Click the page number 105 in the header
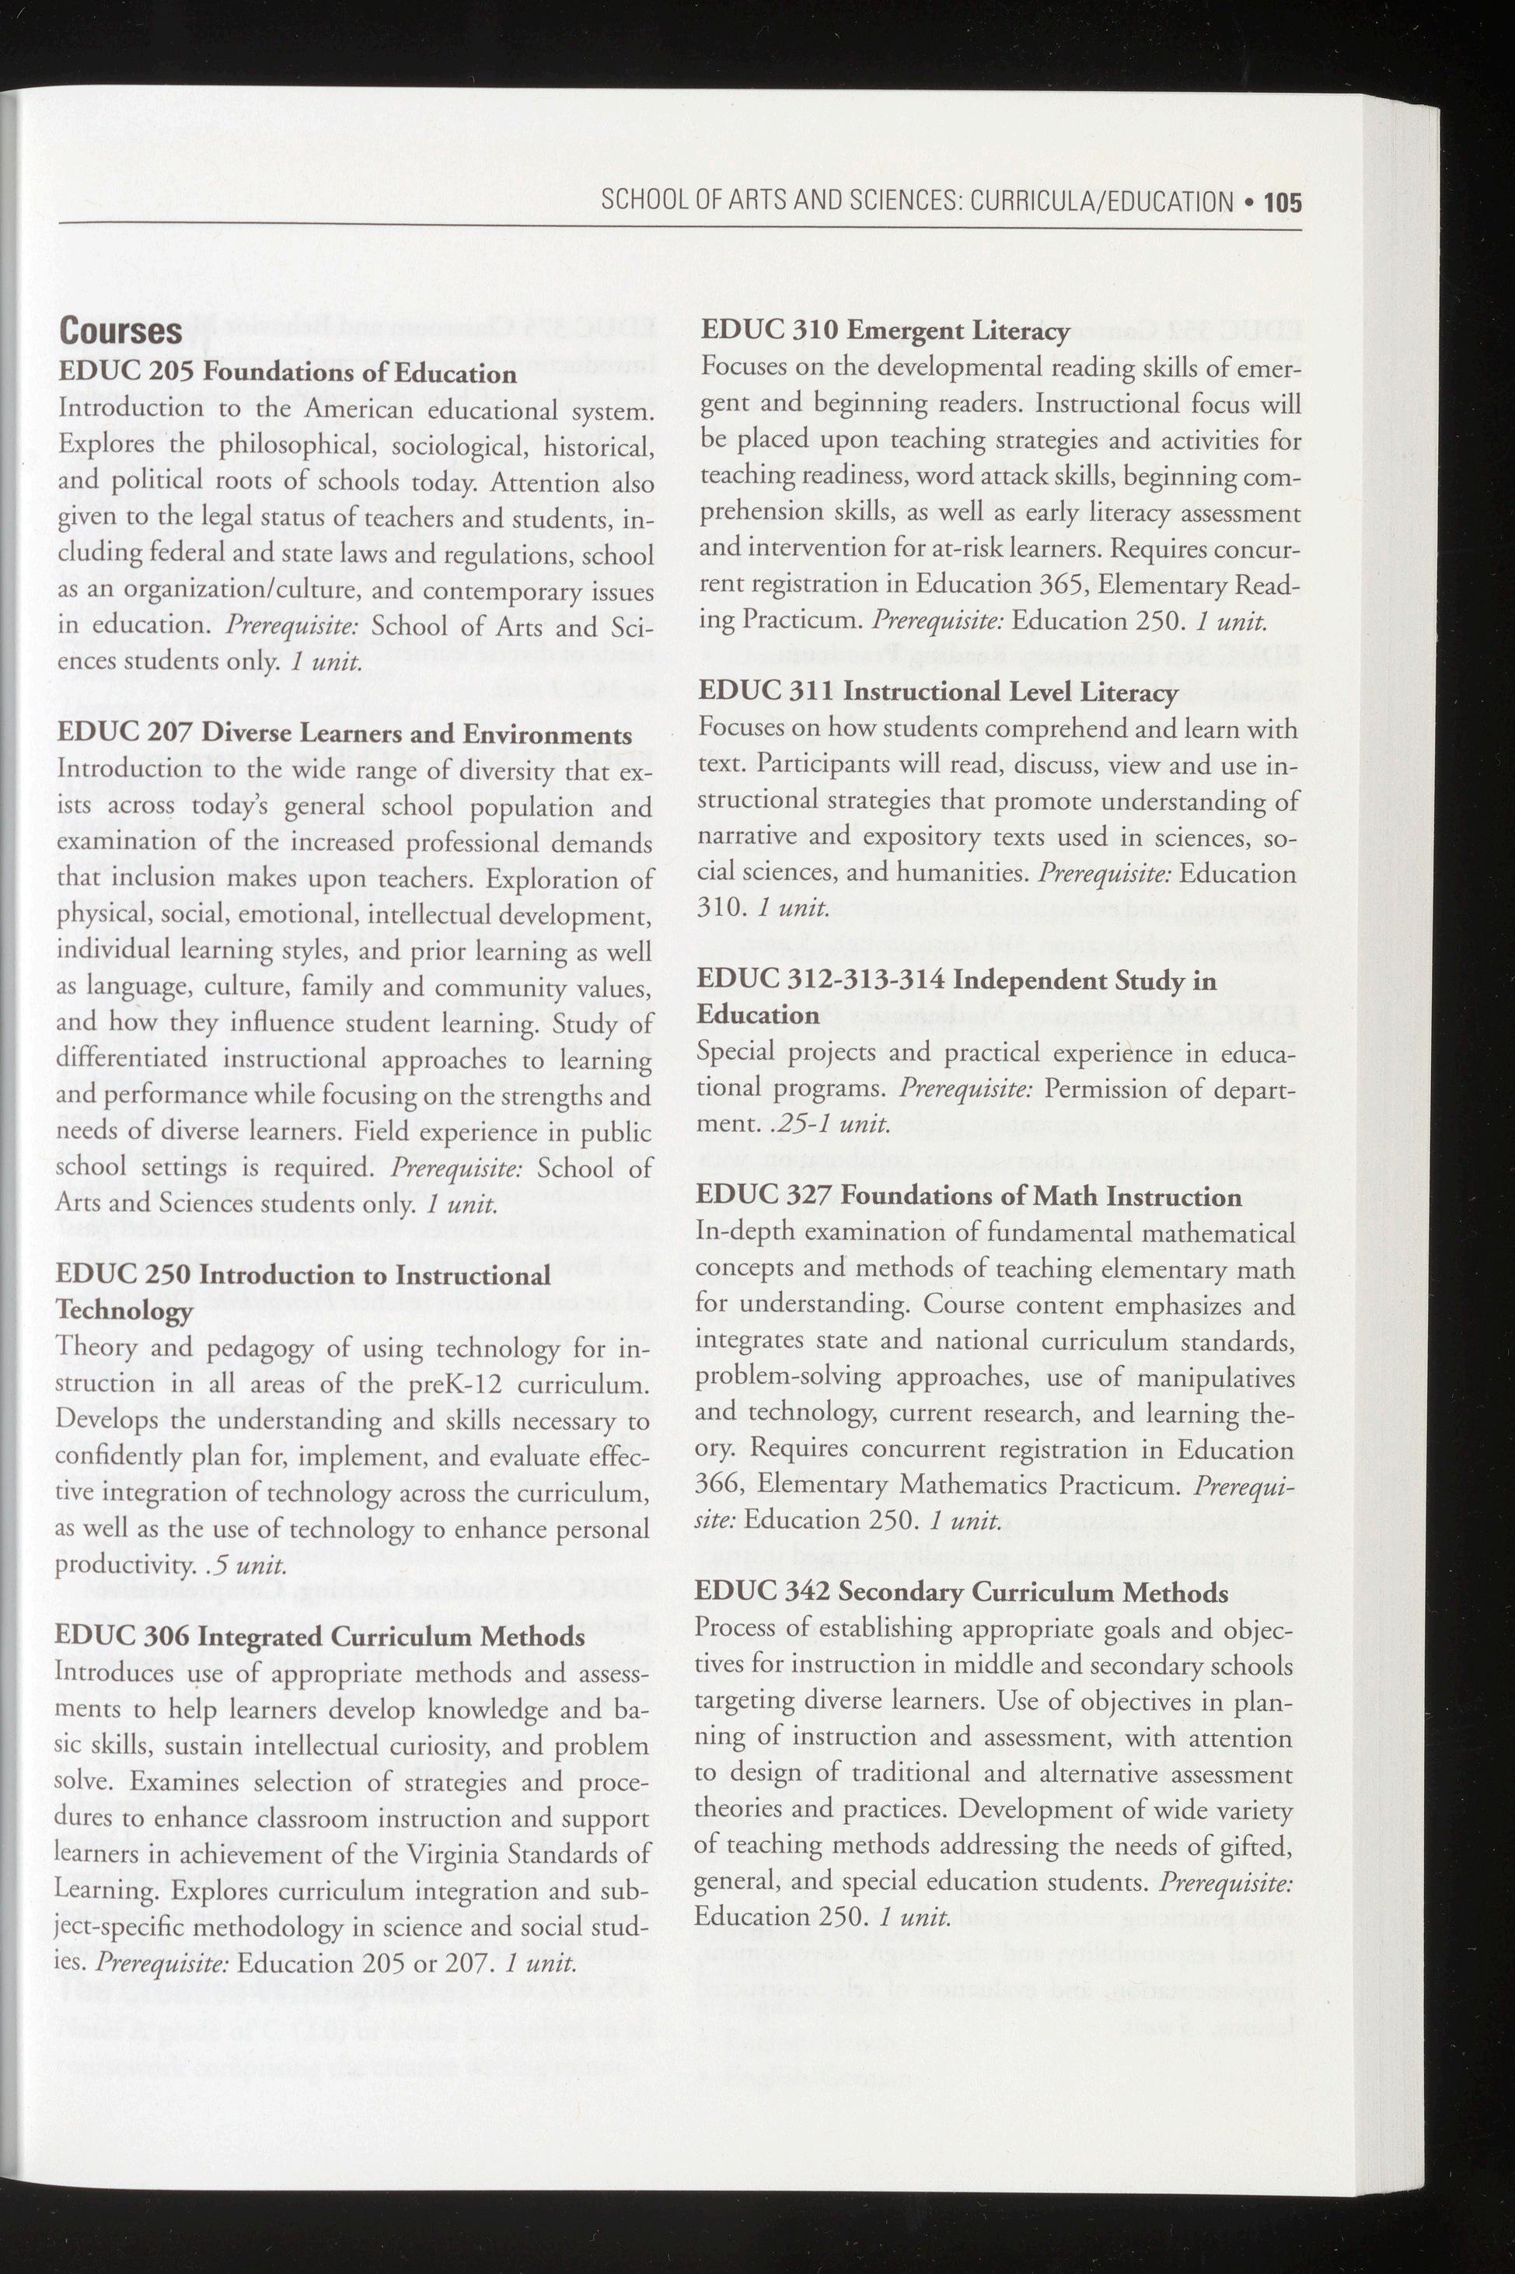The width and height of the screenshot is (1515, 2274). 1282,202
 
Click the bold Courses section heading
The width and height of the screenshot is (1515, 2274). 120,330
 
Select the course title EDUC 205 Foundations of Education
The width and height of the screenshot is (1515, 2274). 287,373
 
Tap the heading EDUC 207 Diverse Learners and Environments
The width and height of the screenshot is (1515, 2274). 344,734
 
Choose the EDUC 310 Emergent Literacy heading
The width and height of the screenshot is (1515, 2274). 884,330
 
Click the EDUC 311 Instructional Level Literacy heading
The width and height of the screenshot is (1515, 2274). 937,692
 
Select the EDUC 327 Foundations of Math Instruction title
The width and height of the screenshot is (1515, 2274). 968,1196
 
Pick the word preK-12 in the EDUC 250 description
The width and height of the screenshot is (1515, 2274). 455,1384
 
